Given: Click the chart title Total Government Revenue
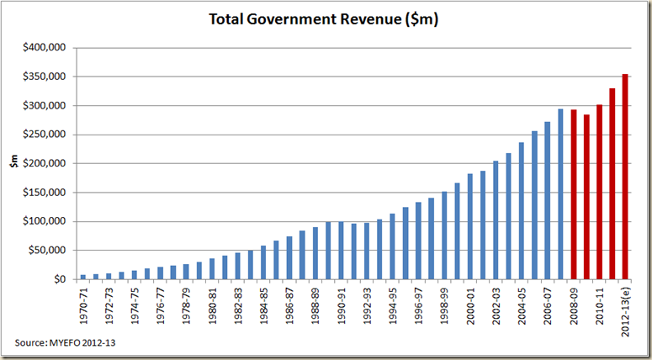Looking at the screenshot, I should pyautogui.click(x=325, y=19).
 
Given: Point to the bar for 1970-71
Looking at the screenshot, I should pyautogui.click(x=82, y=277).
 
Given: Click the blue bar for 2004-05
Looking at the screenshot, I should pyautogui.click(x=522, y=210).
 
